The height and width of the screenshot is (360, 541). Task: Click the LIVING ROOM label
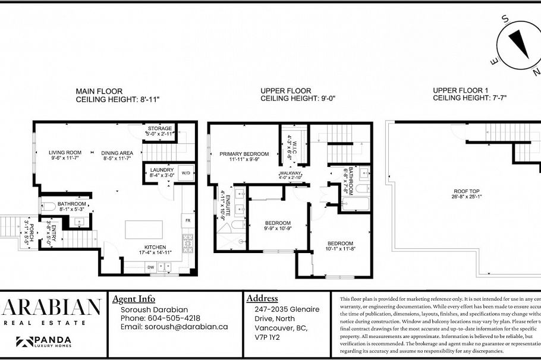coord(65,153)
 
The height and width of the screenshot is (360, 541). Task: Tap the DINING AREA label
coord(117,153)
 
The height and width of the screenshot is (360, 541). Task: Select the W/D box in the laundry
coord(186,173)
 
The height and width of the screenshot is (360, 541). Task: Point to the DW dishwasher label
coord(151,267)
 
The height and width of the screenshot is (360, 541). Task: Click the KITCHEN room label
coord(155,247)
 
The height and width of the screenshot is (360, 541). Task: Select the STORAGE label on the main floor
coord(160,128)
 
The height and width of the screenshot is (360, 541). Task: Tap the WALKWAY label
coord(291,173)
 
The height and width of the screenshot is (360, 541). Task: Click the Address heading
coord(262,298)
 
